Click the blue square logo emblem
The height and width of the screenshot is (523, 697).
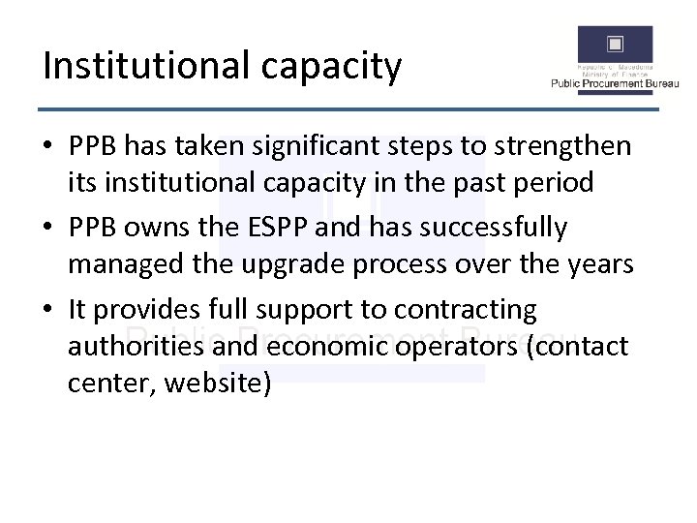click(x=615, y=46)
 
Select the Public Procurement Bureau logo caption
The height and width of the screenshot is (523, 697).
click(x=615, y=84)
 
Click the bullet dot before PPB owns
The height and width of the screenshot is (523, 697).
click(x=48, y=228)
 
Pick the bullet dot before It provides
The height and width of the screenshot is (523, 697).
click(x=48, y=310)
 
